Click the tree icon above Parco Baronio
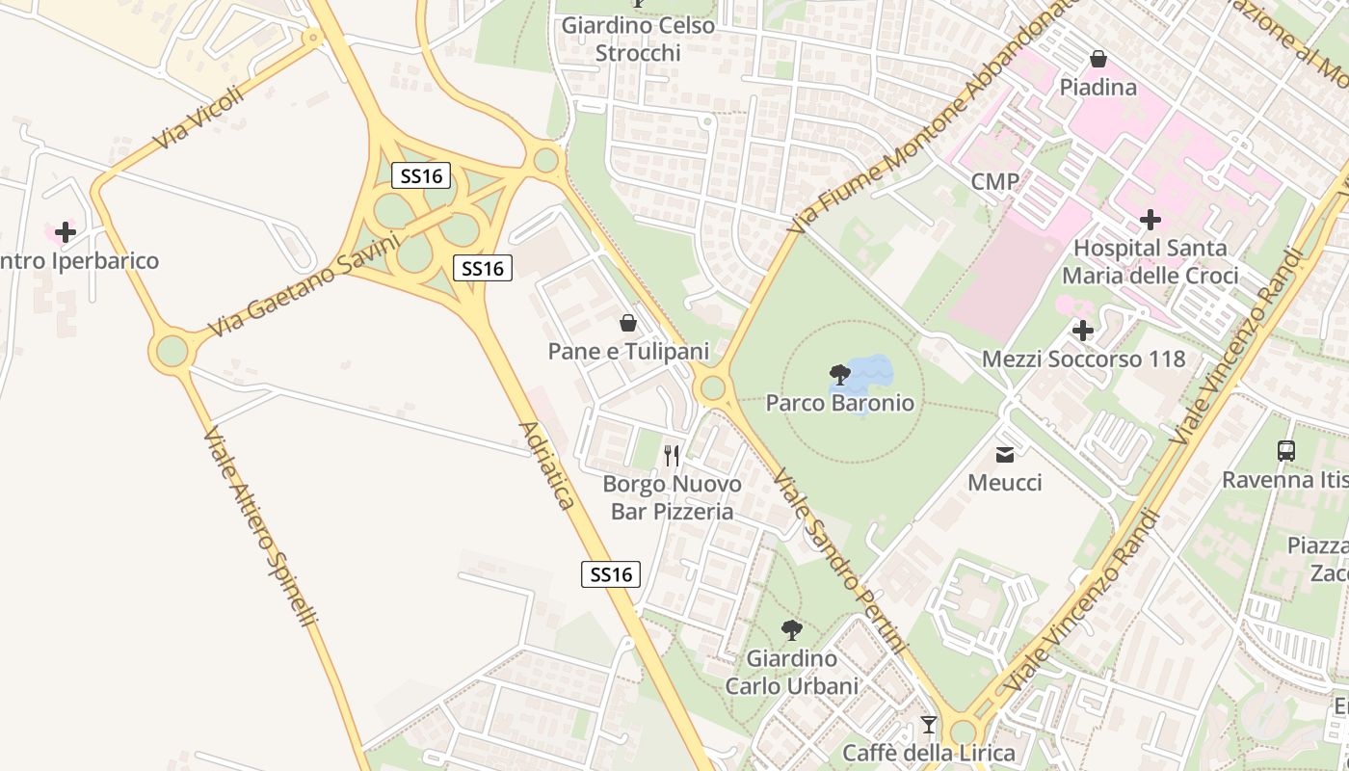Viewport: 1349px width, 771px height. point(839,375)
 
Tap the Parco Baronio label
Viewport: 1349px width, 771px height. point(839,403)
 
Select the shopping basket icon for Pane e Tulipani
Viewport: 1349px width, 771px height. point(628,323)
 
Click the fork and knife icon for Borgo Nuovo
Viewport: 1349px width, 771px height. point(673,455)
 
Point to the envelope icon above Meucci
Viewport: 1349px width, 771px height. point(1005,455)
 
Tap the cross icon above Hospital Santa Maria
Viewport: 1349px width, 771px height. point(1150,220)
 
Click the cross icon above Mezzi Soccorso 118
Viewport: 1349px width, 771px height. point(1083,332)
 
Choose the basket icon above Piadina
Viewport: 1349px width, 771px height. point(1098,60)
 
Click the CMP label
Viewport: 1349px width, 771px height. point(995,181)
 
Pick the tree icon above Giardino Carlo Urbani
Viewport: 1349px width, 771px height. point(792,631)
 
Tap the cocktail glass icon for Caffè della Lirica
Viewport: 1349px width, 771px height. point(929,725)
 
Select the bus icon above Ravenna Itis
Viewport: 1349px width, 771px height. point(1285,450)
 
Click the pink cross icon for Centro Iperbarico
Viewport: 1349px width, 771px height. point(66,232)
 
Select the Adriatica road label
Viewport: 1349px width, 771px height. point(546,465)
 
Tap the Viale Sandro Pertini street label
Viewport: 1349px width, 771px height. point(840,561)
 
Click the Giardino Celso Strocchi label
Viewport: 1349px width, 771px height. point(638,39)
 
